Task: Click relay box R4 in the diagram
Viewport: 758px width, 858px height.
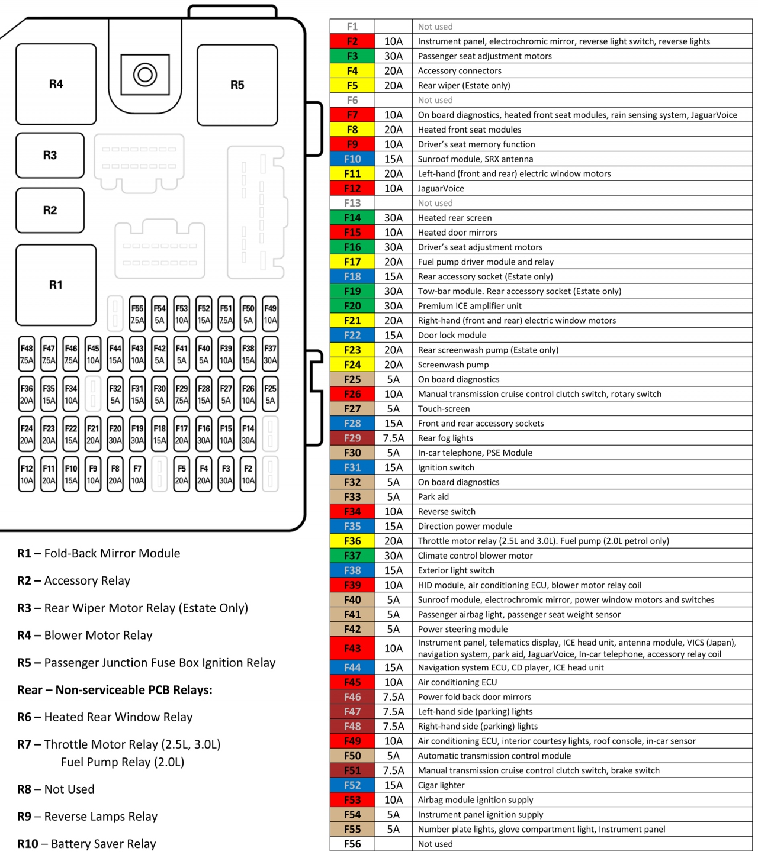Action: pos(56,84)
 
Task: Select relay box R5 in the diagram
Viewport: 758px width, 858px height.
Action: pos(237,85)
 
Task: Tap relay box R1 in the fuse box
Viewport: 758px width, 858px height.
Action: pos(56,285)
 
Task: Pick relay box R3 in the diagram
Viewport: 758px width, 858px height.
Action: pos(50,156)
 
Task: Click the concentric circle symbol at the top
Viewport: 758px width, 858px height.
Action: pos(145,75)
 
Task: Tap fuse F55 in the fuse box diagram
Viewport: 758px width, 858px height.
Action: pos(137,314)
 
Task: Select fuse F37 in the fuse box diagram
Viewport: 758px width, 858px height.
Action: pos(270,354)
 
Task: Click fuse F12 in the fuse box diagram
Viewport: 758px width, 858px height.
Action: pos(27,474)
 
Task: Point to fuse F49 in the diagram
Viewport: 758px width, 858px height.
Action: pos(270,314)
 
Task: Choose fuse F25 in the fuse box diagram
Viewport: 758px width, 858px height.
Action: pos(270,394)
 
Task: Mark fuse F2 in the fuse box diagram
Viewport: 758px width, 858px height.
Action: pos(248,474)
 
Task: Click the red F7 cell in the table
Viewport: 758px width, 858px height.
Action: pos(352,115)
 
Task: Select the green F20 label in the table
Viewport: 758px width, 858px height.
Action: pos(352,306)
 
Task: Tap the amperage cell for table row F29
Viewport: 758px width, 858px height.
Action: pos(393,438)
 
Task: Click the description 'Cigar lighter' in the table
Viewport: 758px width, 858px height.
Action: pos(441,785)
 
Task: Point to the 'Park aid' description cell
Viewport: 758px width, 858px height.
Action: pos(433,497)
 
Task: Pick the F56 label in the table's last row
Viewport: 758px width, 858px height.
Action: pos(352,844)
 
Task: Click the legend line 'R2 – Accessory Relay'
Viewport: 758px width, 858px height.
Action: pos(74,580)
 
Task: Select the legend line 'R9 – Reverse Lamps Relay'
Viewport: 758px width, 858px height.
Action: pos(88,817)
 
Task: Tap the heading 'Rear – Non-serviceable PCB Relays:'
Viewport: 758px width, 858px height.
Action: pos(115,690)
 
